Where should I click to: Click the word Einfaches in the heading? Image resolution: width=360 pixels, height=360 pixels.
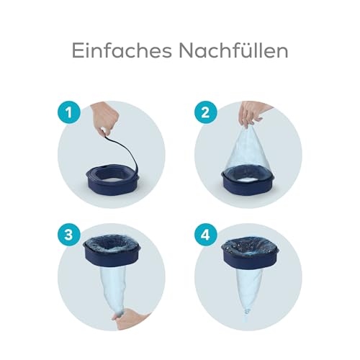(119, 50)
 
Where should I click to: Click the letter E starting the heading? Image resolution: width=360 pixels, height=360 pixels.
(76, 50)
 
